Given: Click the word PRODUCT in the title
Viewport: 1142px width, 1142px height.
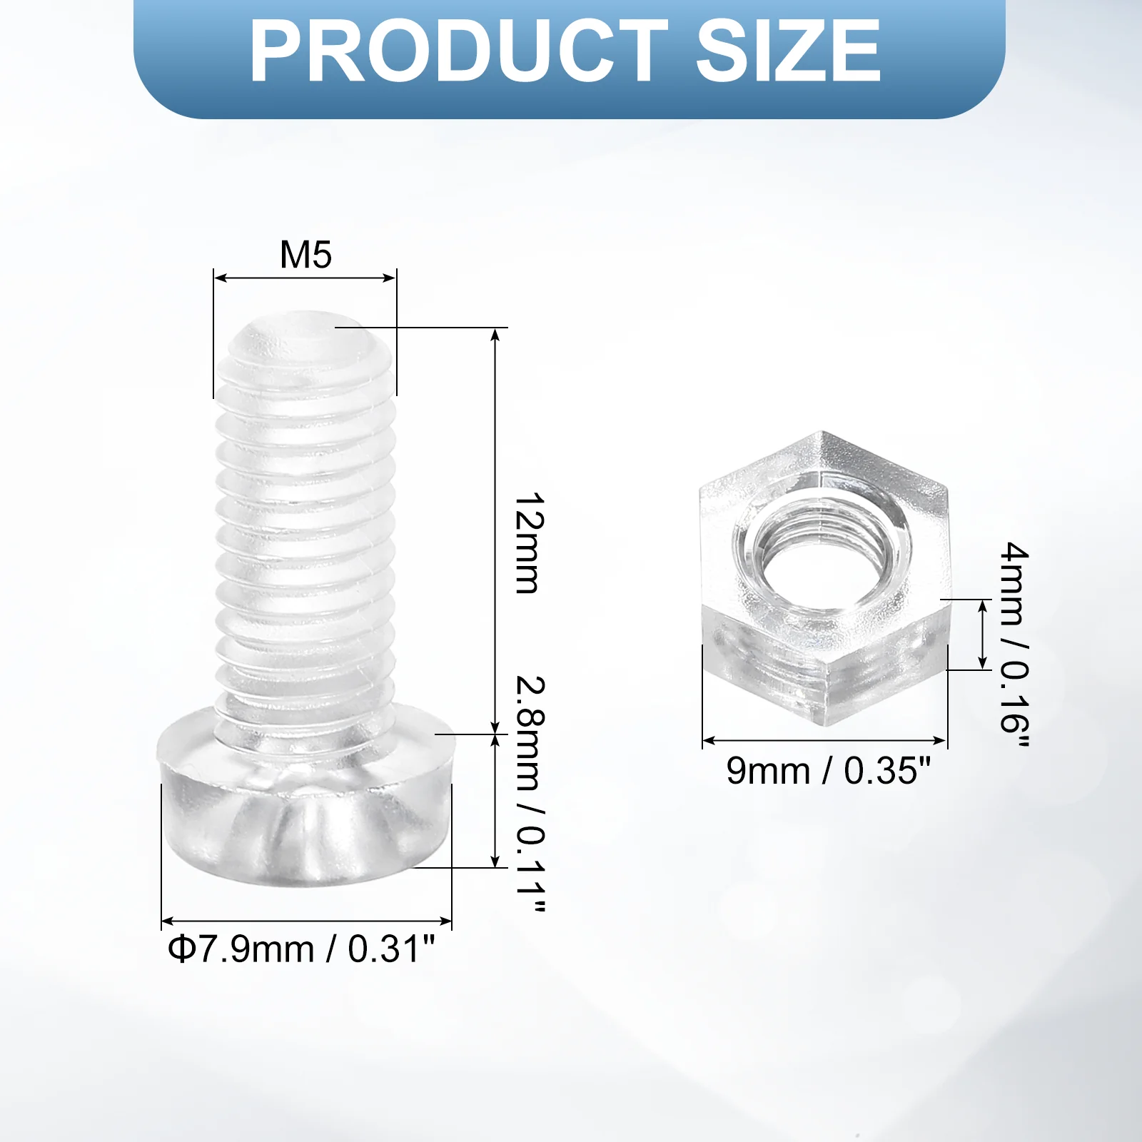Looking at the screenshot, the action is click(458, 51).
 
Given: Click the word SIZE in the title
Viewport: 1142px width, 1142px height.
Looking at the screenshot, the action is click(788, 51).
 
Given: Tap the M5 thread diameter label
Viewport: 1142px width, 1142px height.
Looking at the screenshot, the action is click(305, 255).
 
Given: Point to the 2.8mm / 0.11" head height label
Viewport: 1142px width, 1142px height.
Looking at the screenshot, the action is click(530, 794).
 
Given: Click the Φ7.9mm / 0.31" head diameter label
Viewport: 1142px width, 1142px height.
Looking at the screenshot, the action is click(301, 949).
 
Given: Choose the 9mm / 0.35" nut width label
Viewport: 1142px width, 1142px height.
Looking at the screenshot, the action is click(829, 771).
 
